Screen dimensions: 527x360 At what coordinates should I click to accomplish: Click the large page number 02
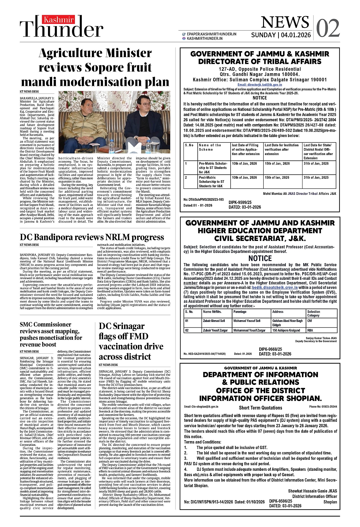click(328, 28)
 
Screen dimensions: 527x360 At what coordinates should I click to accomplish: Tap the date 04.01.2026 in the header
click(296, 35)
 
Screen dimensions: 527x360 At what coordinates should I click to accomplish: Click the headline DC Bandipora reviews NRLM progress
click(92, 237)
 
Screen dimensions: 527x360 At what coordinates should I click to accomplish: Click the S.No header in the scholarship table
click(189, 145)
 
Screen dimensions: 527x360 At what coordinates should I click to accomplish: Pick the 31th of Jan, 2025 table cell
click(316, 177)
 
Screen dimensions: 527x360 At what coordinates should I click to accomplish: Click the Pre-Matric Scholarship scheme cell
click(213, 167)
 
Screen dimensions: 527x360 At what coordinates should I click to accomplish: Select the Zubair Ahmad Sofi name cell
click(214, 321)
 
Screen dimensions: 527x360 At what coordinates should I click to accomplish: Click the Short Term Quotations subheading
click(260, 408)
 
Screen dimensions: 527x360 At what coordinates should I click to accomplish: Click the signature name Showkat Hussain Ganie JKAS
click(312, 491)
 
